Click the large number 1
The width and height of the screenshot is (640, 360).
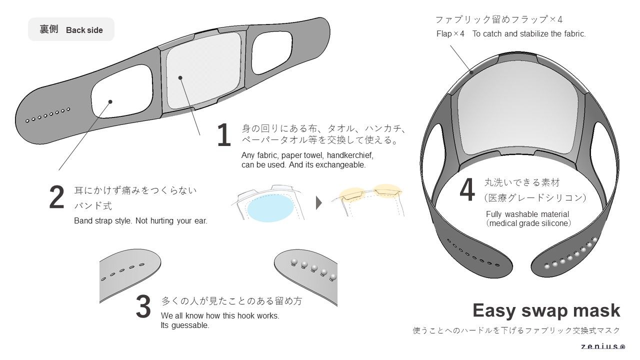click(x=224, y=135)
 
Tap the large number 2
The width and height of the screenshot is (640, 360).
click(x=57, y=197)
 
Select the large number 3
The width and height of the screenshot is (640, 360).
click(x=143, y=306)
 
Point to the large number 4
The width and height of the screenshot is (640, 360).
click(x=467, y=190)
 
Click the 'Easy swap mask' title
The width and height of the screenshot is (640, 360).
click(x=546, y=310)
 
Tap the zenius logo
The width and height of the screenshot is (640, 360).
click(x=602, y=346)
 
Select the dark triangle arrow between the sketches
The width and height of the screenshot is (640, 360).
click(x=319, y=203)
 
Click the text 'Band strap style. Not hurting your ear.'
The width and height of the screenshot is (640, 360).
click(x=140, y=221)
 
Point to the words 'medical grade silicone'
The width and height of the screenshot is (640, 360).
click(x=528, y=223)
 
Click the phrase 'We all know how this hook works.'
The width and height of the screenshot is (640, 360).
click(x=220, y=316)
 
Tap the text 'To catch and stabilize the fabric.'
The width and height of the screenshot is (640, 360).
click(x=529, y=34)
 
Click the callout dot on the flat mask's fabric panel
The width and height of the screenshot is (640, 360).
click(x=180, y=77)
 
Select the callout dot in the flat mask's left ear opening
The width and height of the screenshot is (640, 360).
click(x=110, y=101)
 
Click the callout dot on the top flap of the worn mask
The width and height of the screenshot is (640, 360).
click(x=471, y=72)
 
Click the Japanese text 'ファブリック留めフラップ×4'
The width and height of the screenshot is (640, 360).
click(x=498, y=19)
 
